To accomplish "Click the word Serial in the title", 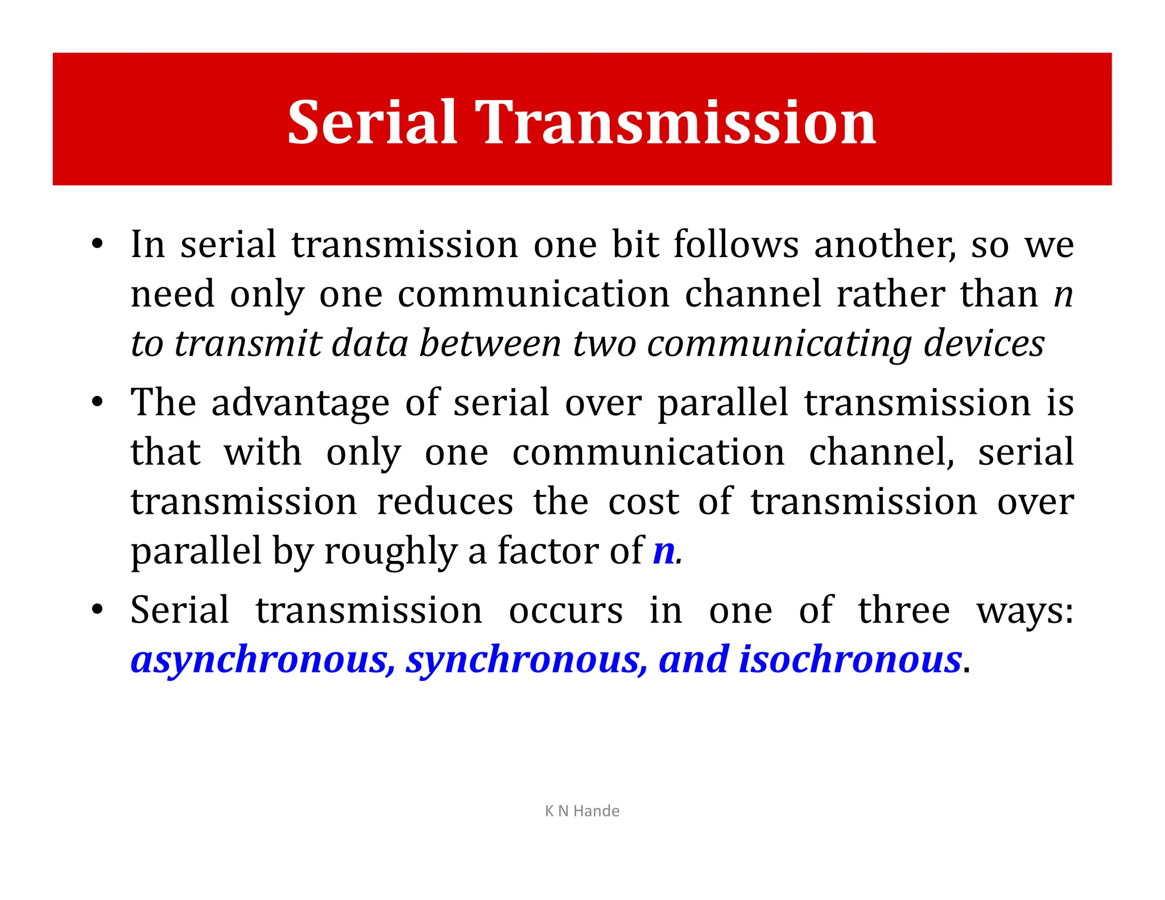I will coord(372,122).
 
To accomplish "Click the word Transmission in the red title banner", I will coord(675,122).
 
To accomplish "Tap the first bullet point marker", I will coord(97,244).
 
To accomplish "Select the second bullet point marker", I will coord(97,402).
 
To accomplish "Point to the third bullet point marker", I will coord(97,610).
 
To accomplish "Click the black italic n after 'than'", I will coord(1063,294).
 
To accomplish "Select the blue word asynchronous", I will coord(262,660).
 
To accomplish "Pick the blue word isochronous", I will coord(850,660).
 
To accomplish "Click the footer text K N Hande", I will coord(582,811).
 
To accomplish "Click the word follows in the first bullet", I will coord(736,245).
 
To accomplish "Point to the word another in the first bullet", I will coord(885,245).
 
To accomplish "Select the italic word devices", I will coord(984,344).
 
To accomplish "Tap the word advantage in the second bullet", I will coord(300,403).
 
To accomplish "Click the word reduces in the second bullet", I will coord(445,502).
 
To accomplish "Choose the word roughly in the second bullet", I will coord(391,551).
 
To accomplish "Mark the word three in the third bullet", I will coord(904,610).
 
